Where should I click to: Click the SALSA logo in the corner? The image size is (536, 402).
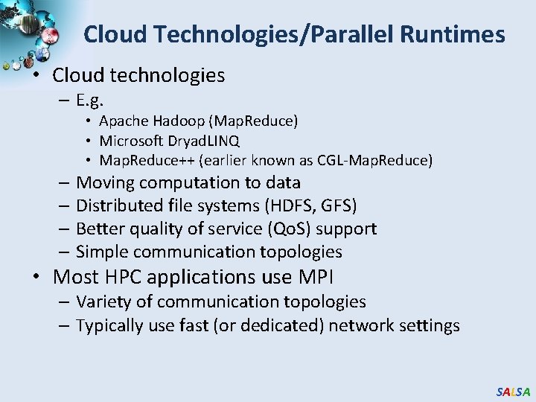pos(513,392)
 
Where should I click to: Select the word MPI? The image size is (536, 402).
pos(316,278)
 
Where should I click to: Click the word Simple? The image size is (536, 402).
pos(102,252)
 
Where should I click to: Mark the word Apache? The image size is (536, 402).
pos(124,121)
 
